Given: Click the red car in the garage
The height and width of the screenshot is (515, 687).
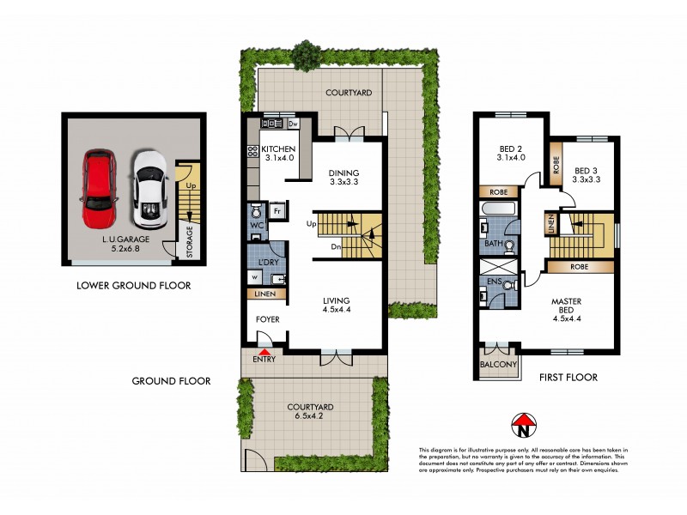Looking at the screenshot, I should [x=99, y=185].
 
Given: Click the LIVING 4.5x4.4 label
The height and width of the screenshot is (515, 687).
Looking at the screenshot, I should [x=337, y=305].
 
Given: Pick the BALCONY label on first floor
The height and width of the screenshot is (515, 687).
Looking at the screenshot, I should [x=497, y=364].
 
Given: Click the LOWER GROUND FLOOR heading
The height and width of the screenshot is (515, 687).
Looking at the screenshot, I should [x=133, y=286].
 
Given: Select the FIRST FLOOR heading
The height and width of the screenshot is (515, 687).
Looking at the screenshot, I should [x=567, y=377].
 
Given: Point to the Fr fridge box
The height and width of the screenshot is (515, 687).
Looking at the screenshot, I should [x=277, y=210].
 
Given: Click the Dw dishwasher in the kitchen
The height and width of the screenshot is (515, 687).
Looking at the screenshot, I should [x=293, y=124].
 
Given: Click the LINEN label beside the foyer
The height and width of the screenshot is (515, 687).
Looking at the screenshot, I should [x=264, y=294].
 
